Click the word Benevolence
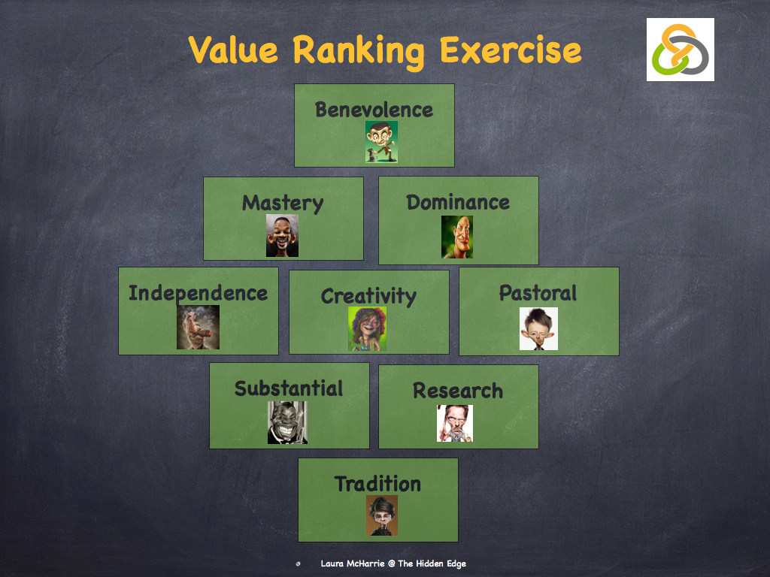coord(374,110)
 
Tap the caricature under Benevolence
coord(381,142)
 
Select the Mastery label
coord(283,203)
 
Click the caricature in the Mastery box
coord(282,236)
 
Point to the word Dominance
coord(458,202)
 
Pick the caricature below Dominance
coord(457,237)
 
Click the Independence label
coord(198,293)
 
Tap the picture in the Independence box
coord(198,327)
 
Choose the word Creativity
coord(368,296)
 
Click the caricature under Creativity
coord(368,329)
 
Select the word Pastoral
coord(538,293)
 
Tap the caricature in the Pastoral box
coord(538,329)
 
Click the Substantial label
coord(289,388)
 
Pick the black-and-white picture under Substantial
coord(287,422)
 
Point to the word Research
coord(458,391)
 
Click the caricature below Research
coord(455,423)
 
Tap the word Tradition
coord(377,484)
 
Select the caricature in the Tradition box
coord(382,515)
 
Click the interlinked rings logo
coord(680,50)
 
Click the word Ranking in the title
coord(359,50)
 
